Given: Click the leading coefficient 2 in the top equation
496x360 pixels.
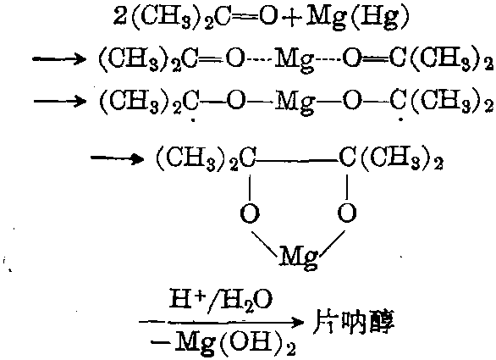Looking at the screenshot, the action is coord(120,16).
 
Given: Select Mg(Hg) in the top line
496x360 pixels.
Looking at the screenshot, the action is coord(357,18).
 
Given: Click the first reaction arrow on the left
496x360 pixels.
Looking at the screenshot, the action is coord(59,59).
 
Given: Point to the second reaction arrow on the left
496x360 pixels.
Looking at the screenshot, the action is coord(60,102).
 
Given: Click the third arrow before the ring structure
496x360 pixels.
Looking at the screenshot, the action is coord(118,158).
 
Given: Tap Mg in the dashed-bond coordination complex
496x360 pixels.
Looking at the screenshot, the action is coord(295,60).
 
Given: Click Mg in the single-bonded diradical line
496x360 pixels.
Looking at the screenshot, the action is coord(295,102).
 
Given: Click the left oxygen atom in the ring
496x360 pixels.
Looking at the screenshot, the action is coord(250,213).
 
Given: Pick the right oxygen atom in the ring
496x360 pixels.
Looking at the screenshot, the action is coord(347,213).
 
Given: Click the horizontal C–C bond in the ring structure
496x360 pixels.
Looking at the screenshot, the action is coord(296,161).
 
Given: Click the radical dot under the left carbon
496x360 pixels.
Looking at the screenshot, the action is coord(194,120).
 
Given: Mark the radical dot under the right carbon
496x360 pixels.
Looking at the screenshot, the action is coord(401,119).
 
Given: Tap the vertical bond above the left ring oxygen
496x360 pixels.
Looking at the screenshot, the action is coord(250,188).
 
